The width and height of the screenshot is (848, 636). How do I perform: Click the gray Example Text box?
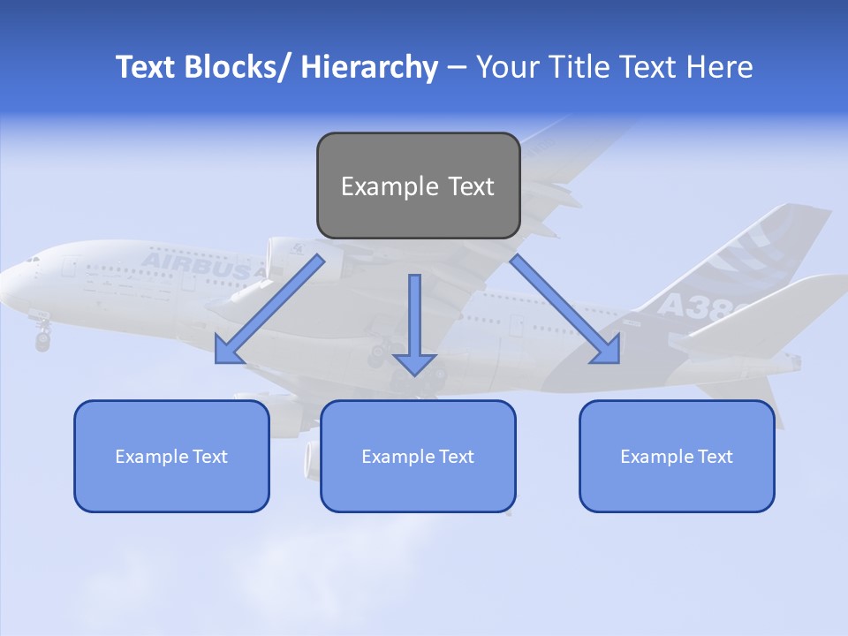[418, 185]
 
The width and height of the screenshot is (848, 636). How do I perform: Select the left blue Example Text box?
[171, 456]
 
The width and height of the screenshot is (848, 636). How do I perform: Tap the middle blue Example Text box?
[418, 456]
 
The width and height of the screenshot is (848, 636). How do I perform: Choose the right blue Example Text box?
[677, 456]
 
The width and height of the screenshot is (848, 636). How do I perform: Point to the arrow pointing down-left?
[269, 309]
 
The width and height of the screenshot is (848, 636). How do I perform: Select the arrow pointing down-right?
[565, 309]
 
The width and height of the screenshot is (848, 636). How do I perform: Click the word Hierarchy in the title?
[369, 67]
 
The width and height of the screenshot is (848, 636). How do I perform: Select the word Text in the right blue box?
[715, 457]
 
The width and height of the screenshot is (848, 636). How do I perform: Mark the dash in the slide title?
[457, 68]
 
